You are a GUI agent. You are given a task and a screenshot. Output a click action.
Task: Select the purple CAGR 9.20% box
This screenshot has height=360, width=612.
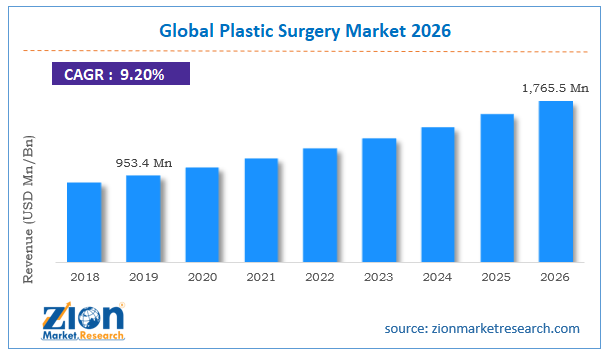tap(119, 73)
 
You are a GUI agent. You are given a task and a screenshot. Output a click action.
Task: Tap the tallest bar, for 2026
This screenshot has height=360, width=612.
tap(556, 180)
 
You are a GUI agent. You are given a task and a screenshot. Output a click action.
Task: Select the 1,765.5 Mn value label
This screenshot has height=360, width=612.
tap(557, 89)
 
